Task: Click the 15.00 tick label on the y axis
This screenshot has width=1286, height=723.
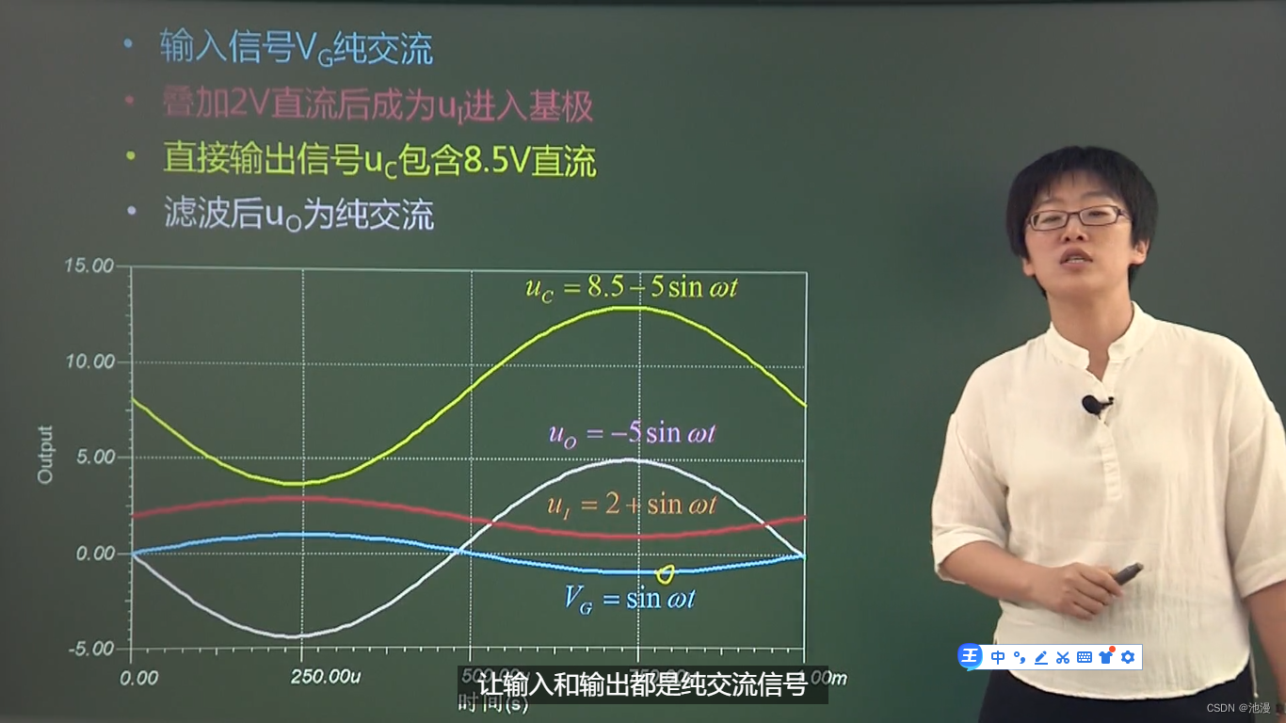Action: [x=88, y=266]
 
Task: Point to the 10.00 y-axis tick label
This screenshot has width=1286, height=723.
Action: [x=88, y=362]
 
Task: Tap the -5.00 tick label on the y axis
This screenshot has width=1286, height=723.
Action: [x=90, y=649]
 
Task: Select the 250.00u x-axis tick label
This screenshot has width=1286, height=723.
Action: [x=325, y=677]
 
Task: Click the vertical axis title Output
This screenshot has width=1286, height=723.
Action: [x=45, y=455]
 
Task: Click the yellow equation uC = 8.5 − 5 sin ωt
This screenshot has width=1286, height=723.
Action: [x=631, y=287]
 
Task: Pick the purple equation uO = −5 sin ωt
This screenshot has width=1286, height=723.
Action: [x=632, y=433]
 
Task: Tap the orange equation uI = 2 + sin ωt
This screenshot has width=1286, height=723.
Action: [x=632, y=505]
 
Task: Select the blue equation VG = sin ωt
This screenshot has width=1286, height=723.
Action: [x=629, y=598]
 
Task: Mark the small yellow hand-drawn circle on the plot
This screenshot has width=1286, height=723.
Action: [x=665, y=573]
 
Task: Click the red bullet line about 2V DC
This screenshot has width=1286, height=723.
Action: [x=377, y=106]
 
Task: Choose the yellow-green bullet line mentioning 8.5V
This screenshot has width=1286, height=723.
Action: [x=379, y=160]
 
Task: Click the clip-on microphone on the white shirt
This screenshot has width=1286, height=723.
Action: [x=1094, y=405]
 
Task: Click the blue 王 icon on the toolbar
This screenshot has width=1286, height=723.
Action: [x=971, y=657]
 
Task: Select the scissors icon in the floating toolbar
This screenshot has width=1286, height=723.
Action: [x=1063, y=657]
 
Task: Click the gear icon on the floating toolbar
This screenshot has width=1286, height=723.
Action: [x=1128, y=657]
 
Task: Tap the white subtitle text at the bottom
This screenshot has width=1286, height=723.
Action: [x=643, y=685]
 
